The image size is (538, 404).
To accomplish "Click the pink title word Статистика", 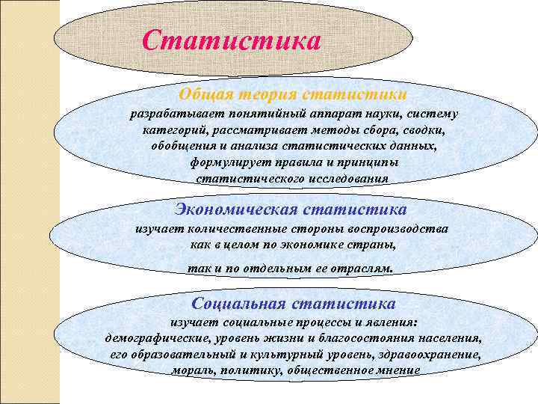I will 231,39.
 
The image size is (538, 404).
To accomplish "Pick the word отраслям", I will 358,268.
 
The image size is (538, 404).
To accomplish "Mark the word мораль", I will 191,370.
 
